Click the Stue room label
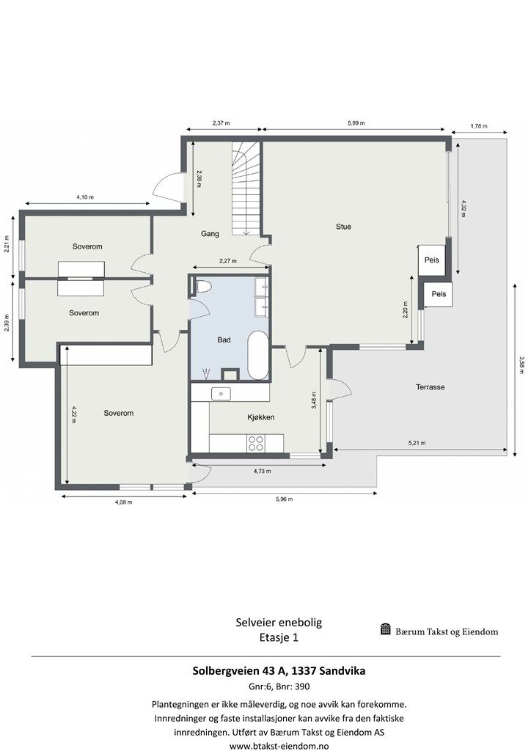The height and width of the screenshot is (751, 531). coord(343,227)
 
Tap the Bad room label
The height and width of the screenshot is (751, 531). coord(224,340)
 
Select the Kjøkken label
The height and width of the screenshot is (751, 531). coord(260,417)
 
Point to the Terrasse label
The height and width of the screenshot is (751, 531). coord(431,387)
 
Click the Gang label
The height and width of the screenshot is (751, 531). coord(210,234)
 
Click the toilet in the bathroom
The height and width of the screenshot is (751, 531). coord(203,287)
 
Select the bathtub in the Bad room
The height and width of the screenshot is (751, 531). coord(257,355)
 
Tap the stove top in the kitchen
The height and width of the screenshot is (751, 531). coord(256,443)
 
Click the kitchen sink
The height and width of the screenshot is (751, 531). coord(221,394)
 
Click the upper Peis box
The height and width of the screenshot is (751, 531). coord(431,259)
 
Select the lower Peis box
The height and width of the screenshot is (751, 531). coord(439,294)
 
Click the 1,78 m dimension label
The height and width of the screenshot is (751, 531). coord(478,125)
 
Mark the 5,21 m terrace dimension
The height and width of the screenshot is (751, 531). coord(417,443)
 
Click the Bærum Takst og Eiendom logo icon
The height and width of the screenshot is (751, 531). coord(386,629)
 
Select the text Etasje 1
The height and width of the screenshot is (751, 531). coord(279,637)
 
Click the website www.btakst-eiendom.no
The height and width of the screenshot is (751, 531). coord(279,745)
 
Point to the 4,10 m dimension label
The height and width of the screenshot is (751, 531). coord(85,198)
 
